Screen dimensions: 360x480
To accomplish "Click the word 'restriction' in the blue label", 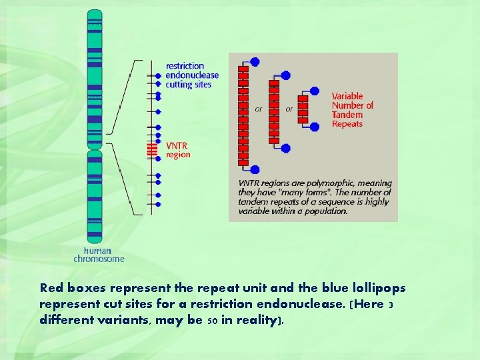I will click(x=185, y=66).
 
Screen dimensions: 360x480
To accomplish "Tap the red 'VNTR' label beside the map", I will click(x=177, y=145).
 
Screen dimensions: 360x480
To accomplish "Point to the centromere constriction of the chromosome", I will click(x=95, y=147).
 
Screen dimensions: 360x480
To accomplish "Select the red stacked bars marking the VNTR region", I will click(x=153, y=150).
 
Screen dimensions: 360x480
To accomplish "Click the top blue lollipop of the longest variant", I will click(x=255, y=62).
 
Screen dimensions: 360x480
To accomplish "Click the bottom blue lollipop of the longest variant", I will click(x=255, y=170).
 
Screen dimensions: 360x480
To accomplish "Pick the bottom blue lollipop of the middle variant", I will click(x=285, y=148).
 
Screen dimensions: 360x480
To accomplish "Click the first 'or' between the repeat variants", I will click(x=259, y=109).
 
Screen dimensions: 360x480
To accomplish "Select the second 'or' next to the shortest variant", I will click(x=289, y=109).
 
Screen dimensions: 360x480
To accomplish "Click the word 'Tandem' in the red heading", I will click(x=347, y=115).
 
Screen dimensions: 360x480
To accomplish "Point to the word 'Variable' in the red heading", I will click(x=347, y=96).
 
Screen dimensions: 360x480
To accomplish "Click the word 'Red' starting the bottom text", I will click(x=50, y=289).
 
